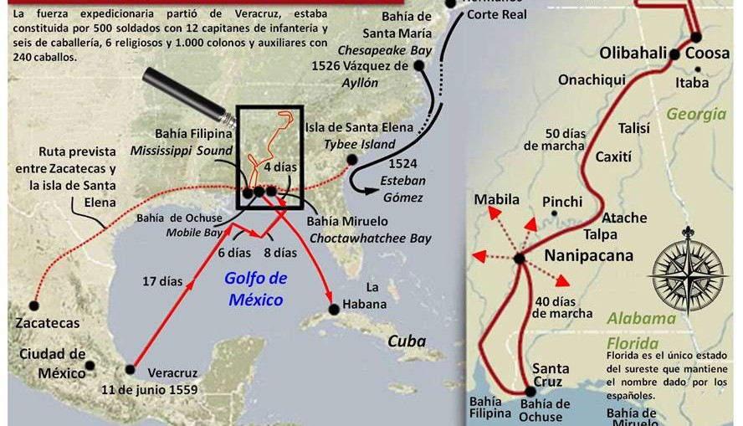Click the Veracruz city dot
tap(130, 369)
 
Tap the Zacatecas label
tap(47, 322)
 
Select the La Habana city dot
tap(335, 309)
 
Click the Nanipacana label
tap(589, 255)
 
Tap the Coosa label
tap(707, 53)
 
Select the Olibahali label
tap(634, 53)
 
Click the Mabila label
tap(497, 199)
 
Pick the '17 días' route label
tap(161, 281)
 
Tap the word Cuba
tap(406, 341)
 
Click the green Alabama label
tap(641, 318)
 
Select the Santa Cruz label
tap(551, 376)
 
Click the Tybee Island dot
tap(352, 159)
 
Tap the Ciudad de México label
tap(53, 363)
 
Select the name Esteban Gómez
tap(402, 188)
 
